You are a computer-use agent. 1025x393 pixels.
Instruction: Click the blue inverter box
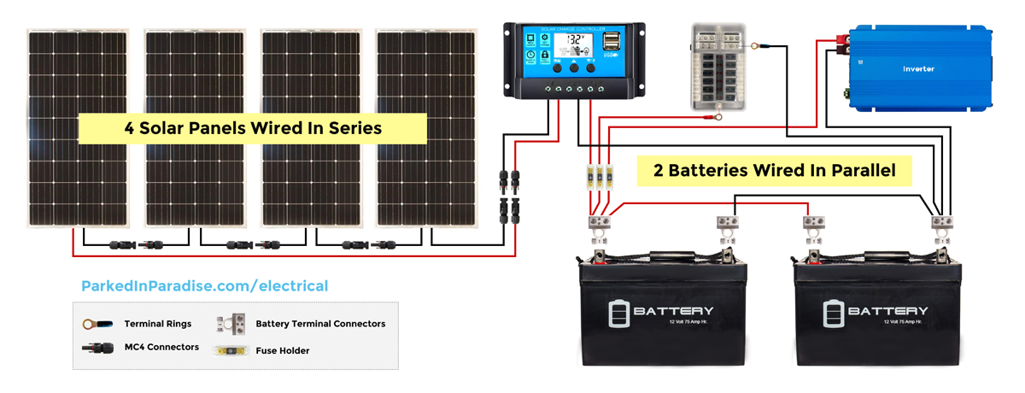(x=919, y=68)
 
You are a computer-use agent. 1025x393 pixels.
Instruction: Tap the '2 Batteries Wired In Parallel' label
(x=774, y=170)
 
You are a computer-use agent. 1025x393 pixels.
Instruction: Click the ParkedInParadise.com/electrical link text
(x=204, y=286)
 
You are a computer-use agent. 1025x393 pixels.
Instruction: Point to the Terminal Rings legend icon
(x=96, y=325)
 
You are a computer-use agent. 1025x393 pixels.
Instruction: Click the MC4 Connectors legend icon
(x=97, y=348)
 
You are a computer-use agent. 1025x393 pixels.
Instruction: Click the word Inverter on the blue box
(x=919, y=68)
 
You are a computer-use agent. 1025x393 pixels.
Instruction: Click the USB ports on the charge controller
(x=612, y=43)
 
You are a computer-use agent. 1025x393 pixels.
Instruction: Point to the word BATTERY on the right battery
(x=887, y=310)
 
